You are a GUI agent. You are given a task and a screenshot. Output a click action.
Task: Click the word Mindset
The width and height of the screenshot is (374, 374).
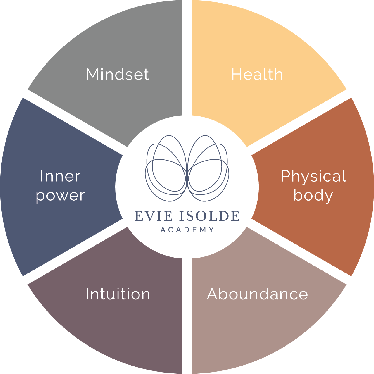[x=118, y=74]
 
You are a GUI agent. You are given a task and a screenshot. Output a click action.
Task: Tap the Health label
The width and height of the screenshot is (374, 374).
[x=257, y=74]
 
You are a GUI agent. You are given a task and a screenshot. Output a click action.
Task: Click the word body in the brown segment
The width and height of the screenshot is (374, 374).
[x=313, y=195]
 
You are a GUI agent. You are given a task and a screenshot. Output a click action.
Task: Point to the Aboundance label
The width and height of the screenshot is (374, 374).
[x=257, y=294]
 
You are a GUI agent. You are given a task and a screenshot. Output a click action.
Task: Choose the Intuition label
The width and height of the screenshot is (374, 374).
[x=118, y=294]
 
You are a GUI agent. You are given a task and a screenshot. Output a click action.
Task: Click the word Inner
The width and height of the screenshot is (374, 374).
[x=60, y=176]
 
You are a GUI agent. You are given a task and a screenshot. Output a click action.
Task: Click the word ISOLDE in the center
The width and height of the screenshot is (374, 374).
[x=209, y=216]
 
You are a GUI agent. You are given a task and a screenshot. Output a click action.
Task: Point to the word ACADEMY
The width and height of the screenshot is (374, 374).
[x=187, y=230]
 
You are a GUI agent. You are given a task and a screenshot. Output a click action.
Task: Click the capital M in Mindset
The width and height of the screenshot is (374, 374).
[x=93, y=74]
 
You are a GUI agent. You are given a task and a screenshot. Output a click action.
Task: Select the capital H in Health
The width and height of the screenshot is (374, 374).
[x=236, y=74]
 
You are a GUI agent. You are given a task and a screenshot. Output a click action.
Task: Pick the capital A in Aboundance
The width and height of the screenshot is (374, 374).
[x=213, y=294]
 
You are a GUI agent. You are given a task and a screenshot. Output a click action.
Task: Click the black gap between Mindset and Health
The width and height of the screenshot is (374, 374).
[x=187, y=58]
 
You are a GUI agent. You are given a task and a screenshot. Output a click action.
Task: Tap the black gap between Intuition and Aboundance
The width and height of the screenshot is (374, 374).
[x=187, y=316]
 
